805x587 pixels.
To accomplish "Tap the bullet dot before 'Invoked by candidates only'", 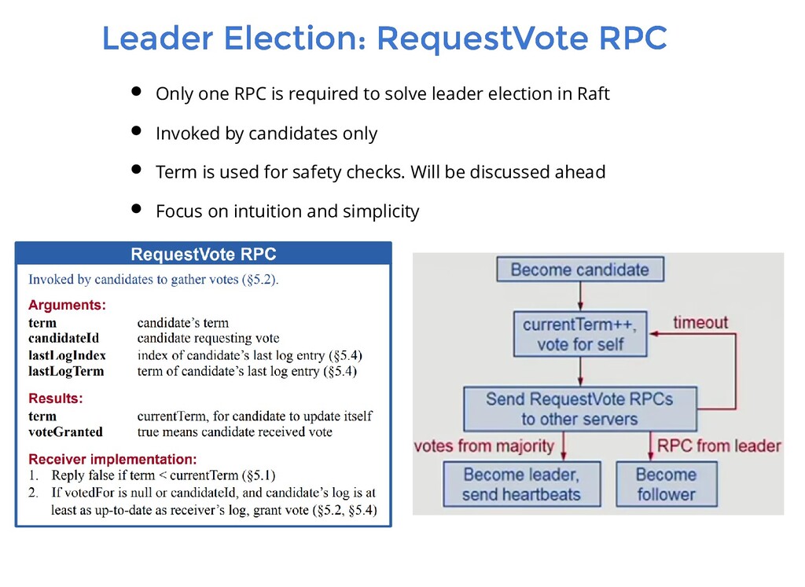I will pos(135,130).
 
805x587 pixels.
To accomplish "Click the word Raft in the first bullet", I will pos(594,94).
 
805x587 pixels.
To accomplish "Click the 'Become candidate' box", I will pos(580,270).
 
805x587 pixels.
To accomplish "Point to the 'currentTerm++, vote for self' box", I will pos(580,333).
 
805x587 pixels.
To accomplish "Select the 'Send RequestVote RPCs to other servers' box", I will pos(579,408).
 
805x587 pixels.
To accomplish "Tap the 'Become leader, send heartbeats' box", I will pos(522,484).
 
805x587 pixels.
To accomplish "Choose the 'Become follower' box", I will pos(666,484).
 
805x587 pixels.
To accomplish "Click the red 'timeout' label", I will pos(700,322).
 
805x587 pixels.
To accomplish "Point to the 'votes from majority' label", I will pos(484,446).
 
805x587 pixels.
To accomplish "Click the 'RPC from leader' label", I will pos(719,446).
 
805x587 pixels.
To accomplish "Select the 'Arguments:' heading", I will pos(67,305).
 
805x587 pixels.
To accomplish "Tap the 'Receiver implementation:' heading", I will pos(112,459).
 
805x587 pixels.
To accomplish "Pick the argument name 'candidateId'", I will pos(64,339).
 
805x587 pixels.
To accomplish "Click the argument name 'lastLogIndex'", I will pos(67,355).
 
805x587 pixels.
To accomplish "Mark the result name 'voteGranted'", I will pos(65,431).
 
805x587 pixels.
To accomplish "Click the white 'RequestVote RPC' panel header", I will pos(203,254).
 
